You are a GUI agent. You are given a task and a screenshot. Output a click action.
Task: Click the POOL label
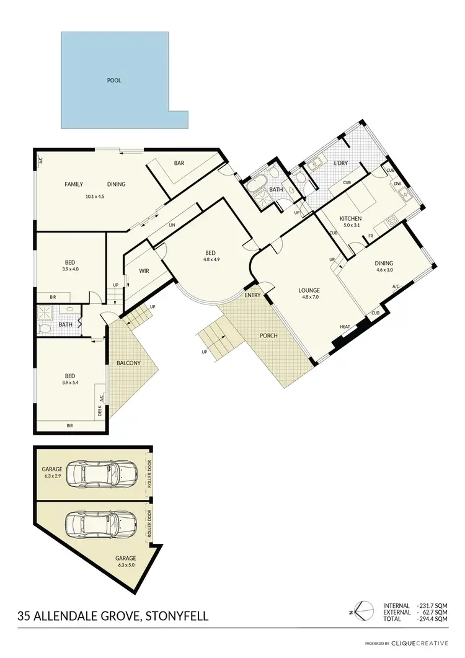[x=114, y=81]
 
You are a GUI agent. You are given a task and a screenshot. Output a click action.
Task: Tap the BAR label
[x=179, y=163]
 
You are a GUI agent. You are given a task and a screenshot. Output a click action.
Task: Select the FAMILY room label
[x=74, y=184]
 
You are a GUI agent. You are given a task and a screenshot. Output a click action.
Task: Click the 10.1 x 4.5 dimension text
[x=95, y=197]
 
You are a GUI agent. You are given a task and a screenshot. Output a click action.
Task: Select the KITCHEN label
[x=351, y=218]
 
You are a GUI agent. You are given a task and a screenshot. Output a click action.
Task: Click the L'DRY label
[x=340, y=163]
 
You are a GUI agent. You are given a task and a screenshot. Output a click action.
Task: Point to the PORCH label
[x=268, y=336]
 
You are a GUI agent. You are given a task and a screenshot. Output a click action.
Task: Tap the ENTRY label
[x=253, y=295]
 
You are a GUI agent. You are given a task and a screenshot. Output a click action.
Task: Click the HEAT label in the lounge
[x=345, y=327]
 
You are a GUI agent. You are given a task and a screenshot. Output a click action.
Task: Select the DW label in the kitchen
[x=398, y=184]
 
